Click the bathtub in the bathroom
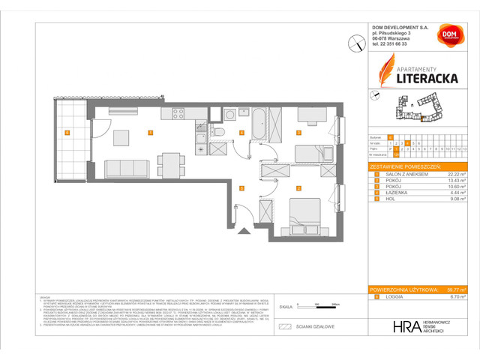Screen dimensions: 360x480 (256, 124)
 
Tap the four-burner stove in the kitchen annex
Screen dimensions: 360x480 (178, 115)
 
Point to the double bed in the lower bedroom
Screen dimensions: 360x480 (306, 208)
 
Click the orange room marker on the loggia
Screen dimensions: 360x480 (67, 133)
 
